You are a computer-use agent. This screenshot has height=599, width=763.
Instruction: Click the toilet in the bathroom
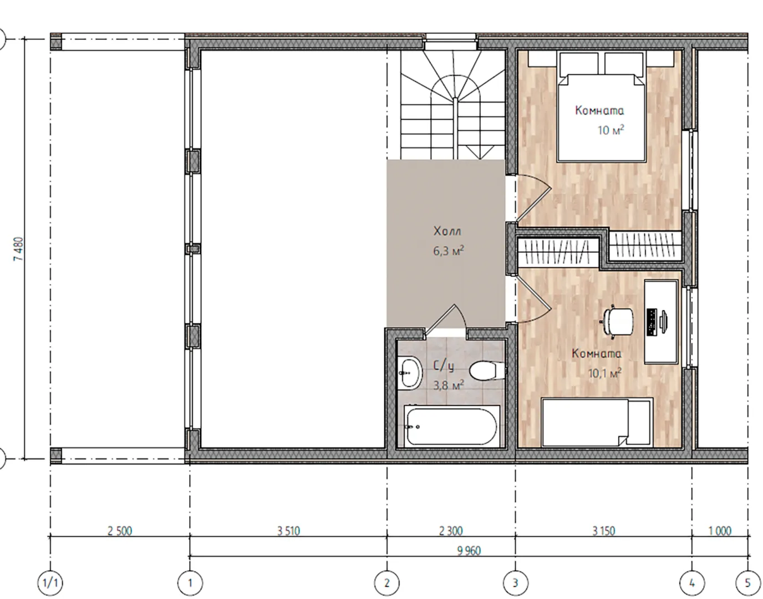(486, 371)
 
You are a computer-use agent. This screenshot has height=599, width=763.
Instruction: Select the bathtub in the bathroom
(452, 427)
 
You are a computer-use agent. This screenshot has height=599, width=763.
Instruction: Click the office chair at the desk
(618, 322)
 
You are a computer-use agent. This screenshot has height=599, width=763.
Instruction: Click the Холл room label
(447, 231)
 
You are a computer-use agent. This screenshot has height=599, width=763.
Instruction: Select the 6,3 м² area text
(449, 251)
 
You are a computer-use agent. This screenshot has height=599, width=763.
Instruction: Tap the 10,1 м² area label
(604, 373)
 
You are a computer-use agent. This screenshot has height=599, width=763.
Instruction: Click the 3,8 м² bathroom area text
(449, 385)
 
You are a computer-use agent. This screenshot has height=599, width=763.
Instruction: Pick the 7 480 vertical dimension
(19, 249)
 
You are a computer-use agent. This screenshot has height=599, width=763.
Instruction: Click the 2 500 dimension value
(120, 531)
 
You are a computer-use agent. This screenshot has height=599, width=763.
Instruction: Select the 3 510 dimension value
(288, 531)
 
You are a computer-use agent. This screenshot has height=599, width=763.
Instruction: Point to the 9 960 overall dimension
(469, 551)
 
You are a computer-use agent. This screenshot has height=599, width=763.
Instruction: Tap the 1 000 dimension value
(719, 531)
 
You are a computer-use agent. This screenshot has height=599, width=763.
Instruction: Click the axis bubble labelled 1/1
(50, 583)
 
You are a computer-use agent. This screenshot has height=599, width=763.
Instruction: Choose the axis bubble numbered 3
(515, 583)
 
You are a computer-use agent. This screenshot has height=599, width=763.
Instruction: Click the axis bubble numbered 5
(747, 583)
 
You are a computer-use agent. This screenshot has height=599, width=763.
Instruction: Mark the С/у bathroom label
(444, 366)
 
